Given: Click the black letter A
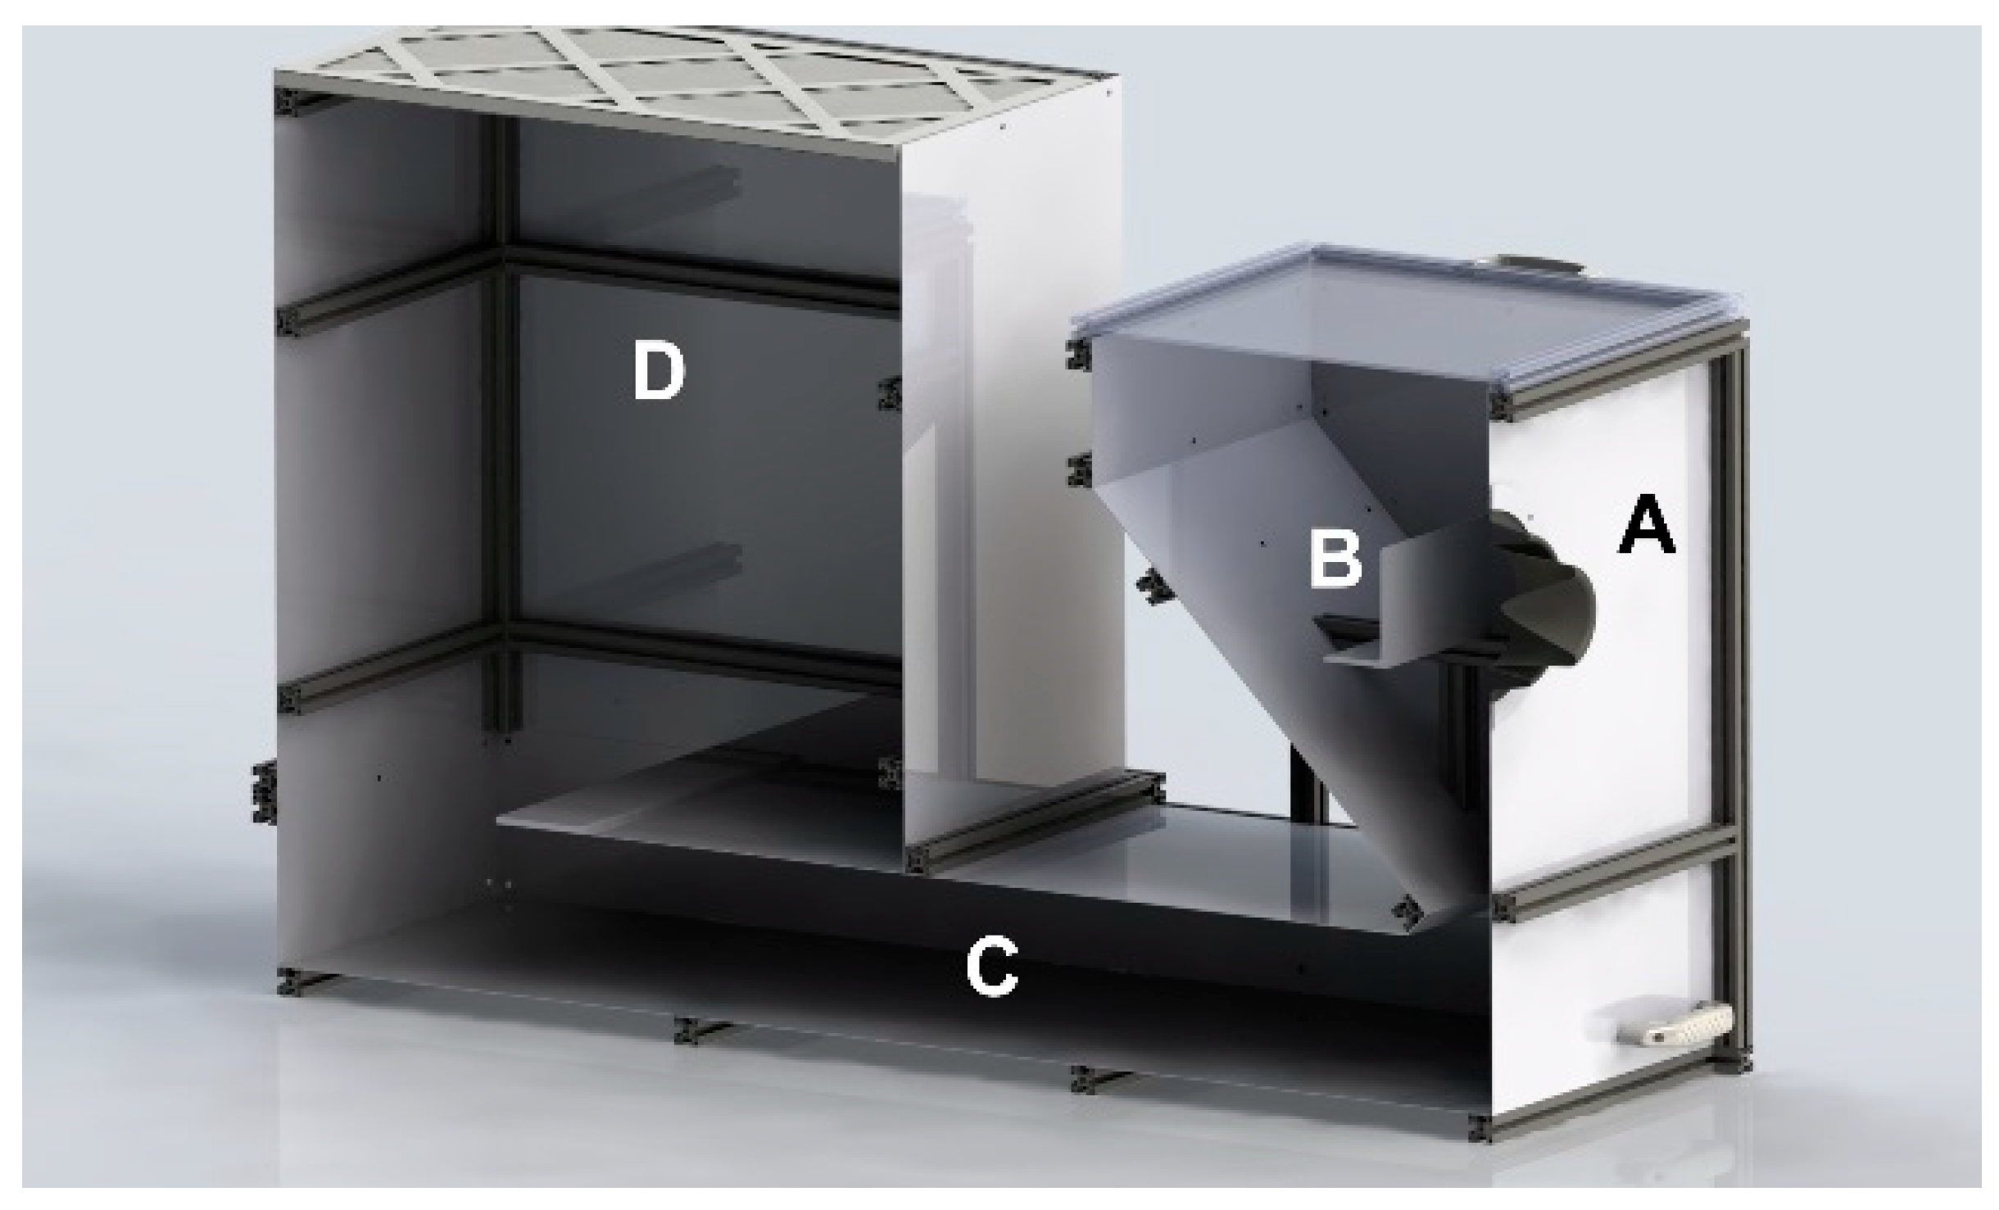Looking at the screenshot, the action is click(x=1647, y=530).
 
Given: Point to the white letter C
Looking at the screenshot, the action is click(x=991, y=969).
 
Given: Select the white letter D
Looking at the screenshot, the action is click(x=659, y=373).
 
